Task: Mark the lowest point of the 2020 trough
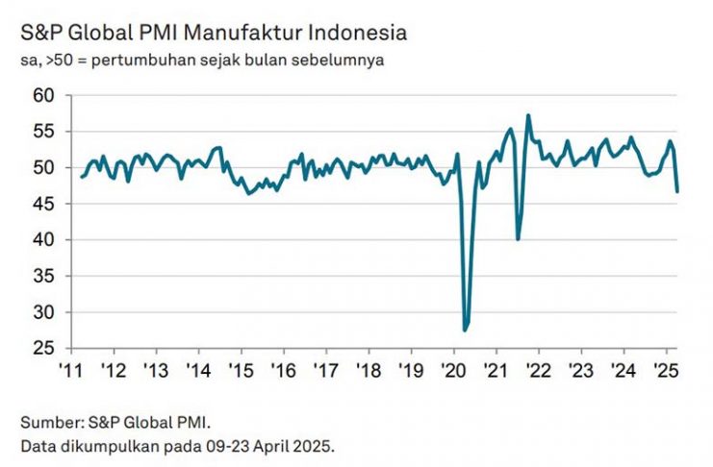click(x=466, y=331)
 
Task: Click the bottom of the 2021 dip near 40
click(x=519, y=239)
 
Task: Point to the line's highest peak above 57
click(x=528, y=115)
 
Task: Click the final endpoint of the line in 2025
click(x=676, y=191)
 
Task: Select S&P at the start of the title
click(x=37, y=34)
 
